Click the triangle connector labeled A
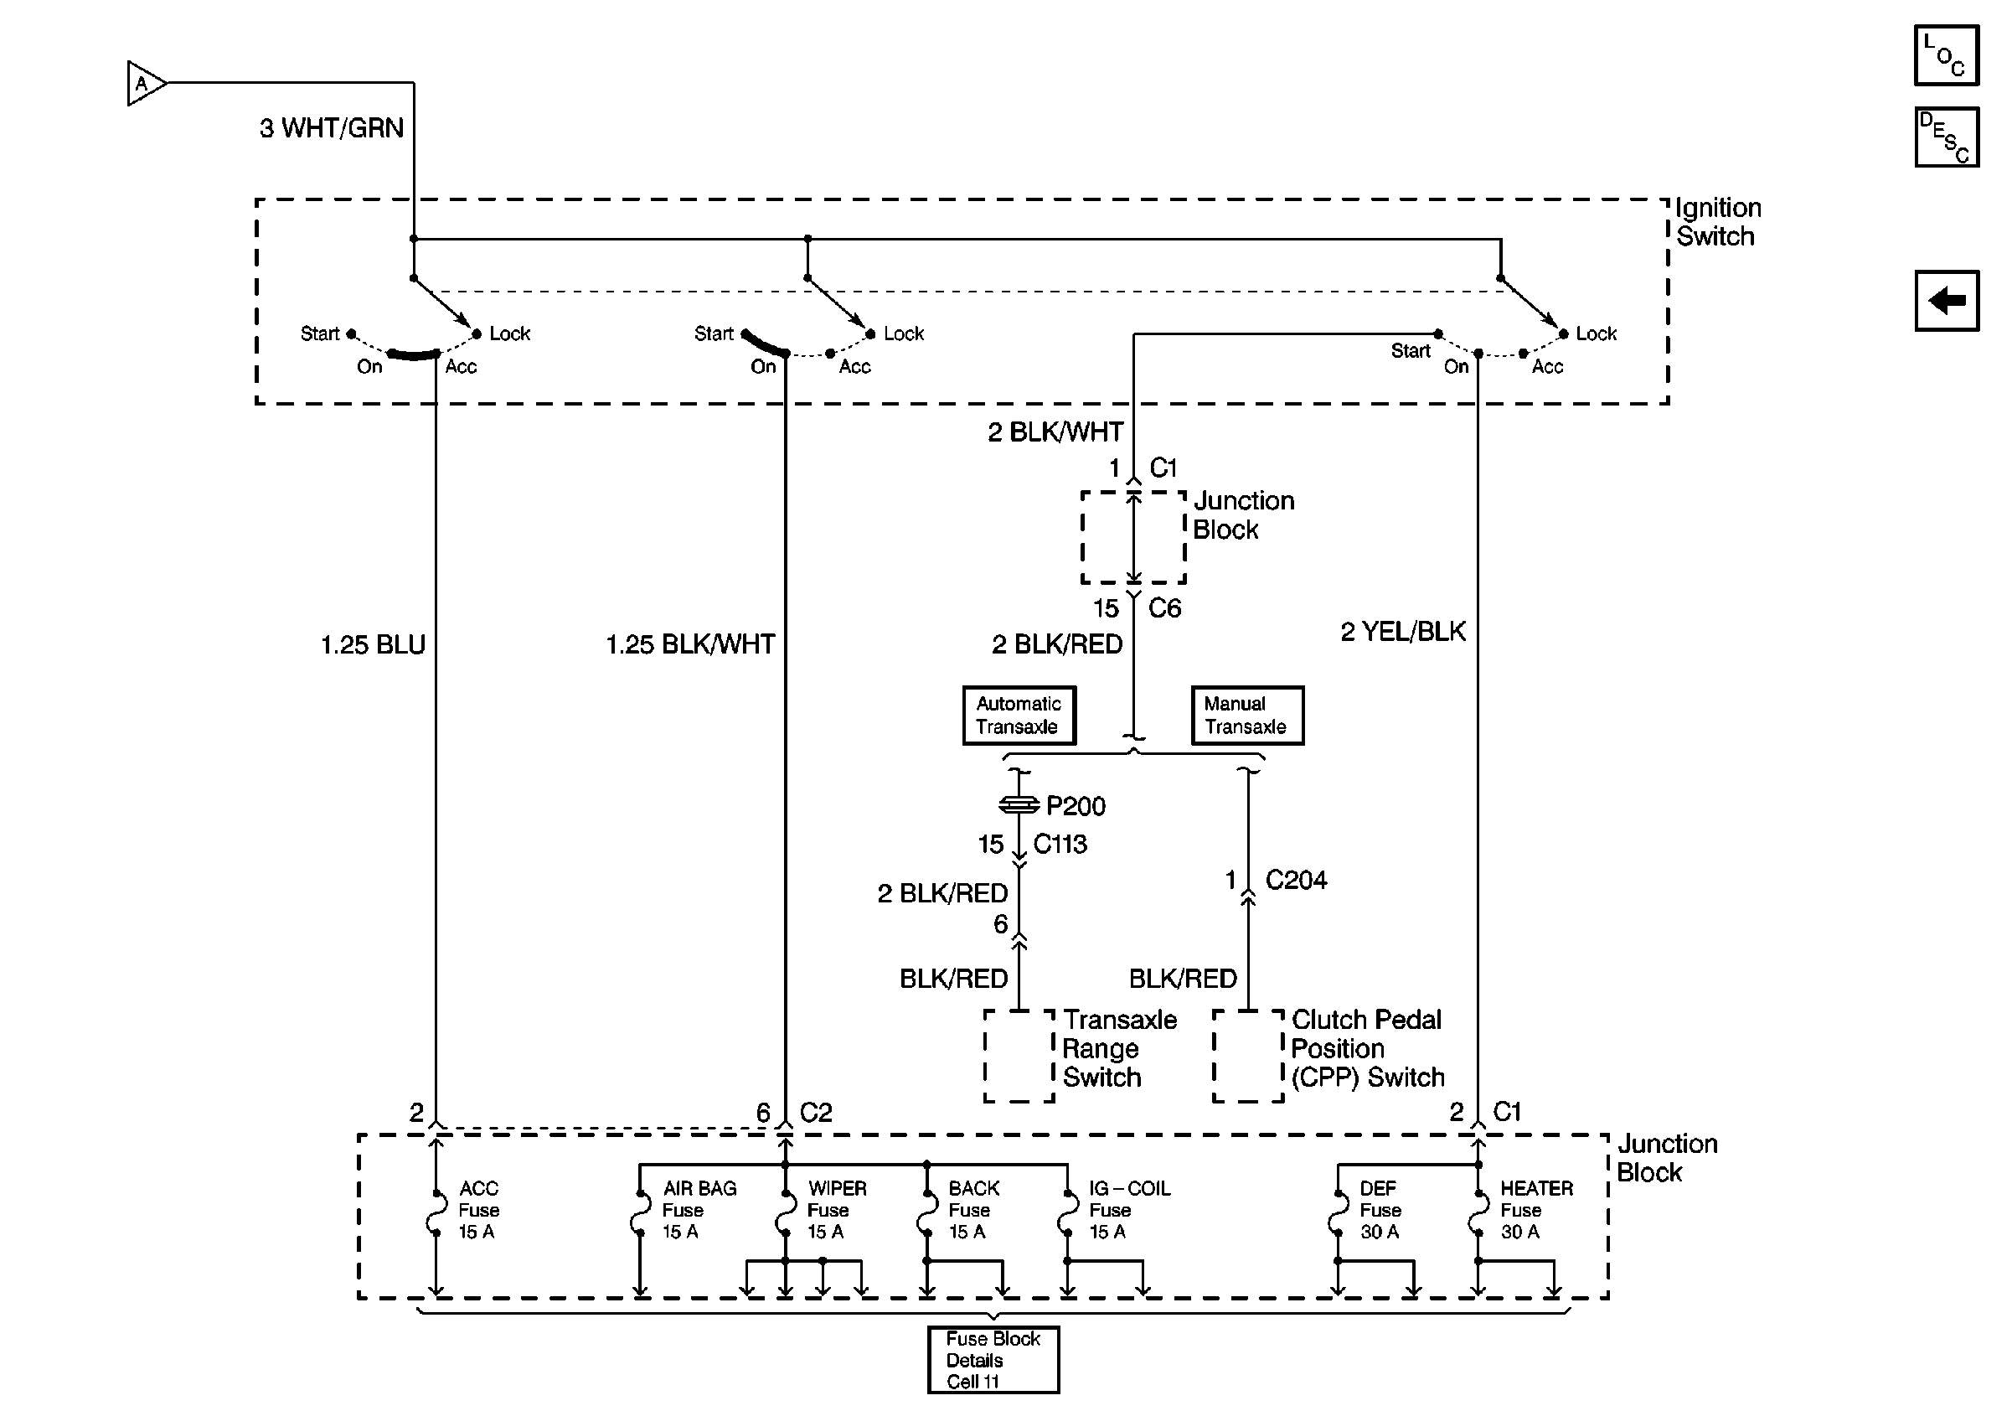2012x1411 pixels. (x=146, y=83)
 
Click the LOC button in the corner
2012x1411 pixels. (x=1947, y=55)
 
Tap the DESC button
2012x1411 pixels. (x=1947, y=137)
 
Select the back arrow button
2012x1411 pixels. (x=1947, y=301)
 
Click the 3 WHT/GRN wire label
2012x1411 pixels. (x=331, y=128)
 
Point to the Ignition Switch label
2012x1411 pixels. (x=1717, y=222)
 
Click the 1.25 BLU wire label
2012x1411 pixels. (x=373, y=645)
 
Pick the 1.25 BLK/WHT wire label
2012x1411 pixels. (x=690, y=645)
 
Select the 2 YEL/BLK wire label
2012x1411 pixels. (x=1403, y=631)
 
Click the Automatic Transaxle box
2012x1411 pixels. (x=1019, y=716)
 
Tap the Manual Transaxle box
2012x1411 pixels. (x=1247, y=716)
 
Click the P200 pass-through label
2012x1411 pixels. (x=1076, y=805)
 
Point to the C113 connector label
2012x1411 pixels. (x=1060, y=844)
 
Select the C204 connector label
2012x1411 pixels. (x=1296, y=880)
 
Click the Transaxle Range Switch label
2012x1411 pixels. (x=1119, y=1048)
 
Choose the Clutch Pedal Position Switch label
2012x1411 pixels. (x=1367, y=1048)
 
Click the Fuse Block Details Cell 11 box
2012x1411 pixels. (x=993, y=1359)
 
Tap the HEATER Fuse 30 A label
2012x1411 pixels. (x=1536, y=1209)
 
